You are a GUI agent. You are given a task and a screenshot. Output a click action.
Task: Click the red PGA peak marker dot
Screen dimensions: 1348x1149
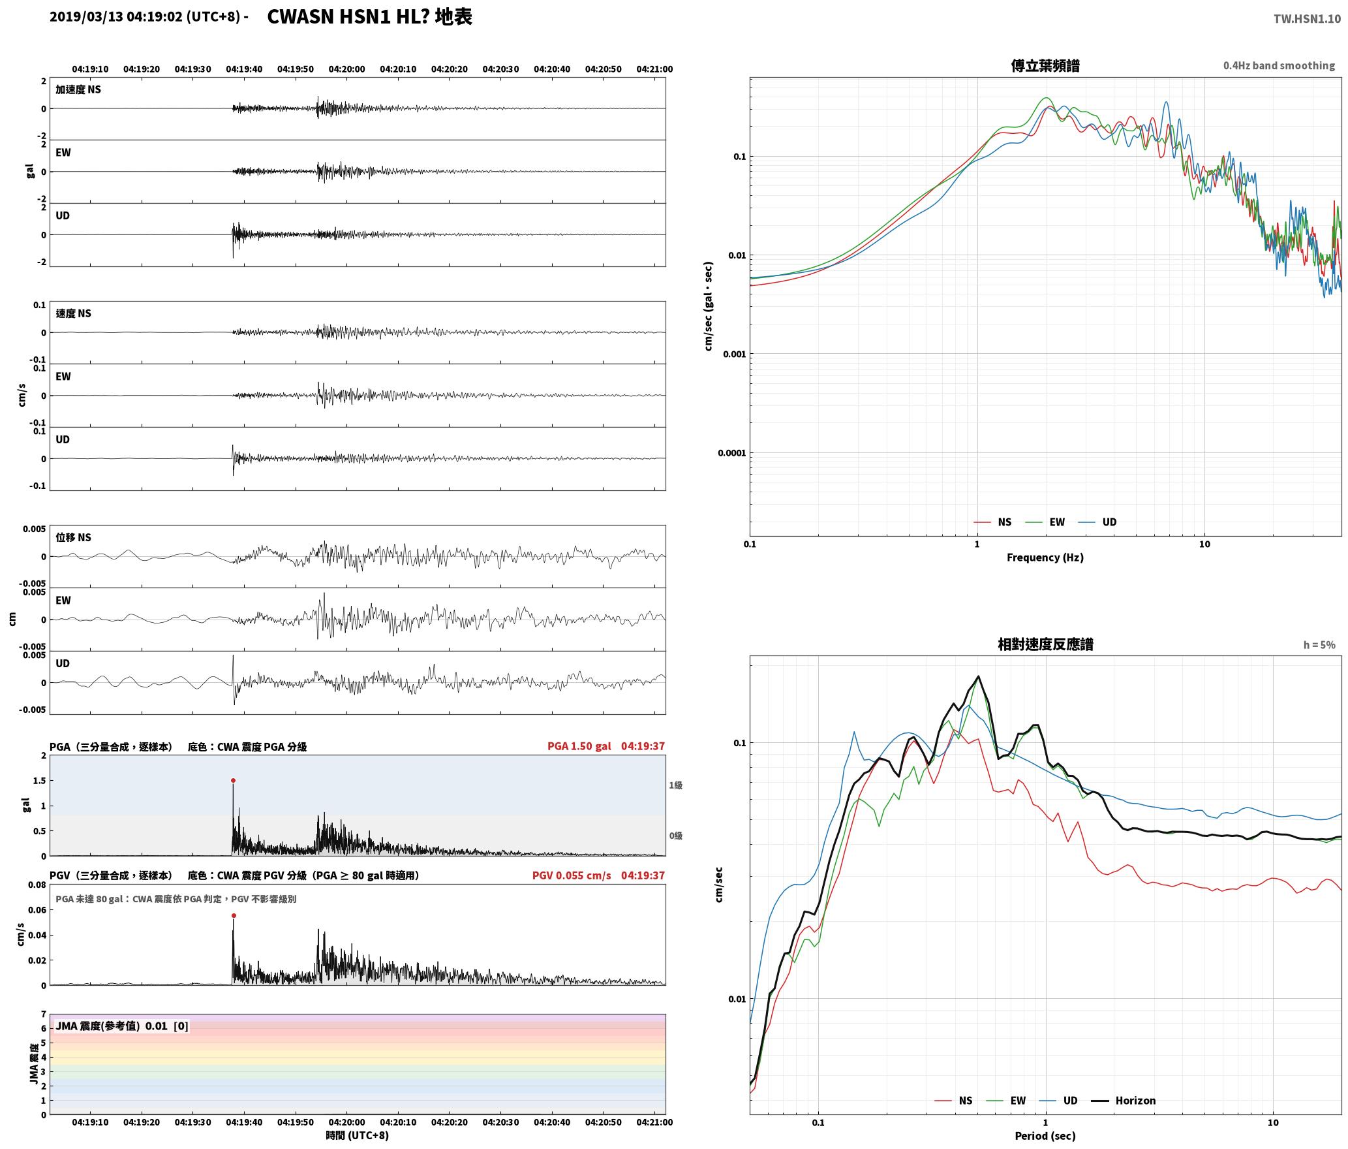(233, 780)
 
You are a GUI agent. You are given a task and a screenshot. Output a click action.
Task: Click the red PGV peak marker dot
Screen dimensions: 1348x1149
(234, 915)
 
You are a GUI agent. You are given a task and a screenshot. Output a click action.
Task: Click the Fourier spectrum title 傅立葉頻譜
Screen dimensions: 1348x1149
(1045, 65)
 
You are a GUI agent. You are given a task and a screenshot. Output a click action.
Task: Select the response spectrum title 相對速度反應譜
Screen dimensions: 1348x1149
(1045, 644)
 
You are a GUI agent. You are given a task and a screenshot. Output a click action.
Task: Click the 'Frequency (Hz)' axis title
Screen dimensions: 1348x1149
(1045, 557)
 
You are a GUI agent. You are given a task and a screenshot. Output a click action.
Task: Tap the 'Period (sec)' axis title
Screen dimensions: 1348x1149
(1045, 1135)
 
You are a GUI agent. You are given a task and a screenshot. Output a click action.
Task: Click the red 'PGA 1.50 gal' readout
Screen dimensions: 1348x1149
(579, 746)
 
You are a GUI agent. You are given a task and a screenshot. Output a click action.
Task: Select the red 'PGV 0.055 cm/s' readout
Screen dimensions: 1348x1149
(572, 875)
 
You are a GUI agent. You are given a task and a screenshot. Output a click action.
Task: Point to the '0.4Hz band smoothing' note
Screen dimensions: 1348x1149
(1279, 65)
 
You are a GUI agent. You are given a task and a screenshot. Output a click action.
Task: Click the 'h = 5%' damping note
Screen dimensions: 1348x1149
(1319, 645)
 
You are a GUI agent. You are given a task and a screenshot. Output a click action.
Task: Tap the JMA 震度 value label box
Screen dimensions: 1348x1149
(122, 1026)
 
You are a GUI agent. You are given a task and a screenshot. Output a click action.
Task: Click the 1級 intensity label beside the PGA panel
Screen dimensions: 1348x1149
(675, 785)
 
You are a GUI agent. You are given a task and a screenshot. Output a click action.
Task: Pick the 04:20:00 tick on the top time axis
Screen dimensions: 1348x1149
(346, 69)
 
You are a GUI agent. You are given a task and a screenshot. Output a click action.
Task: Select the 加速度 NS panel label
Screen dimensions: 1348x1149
(78, 89)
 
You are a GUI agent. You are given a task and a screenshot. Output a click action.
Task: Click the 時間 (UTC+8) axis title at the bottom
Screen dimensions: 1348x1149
(357, 1135)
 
